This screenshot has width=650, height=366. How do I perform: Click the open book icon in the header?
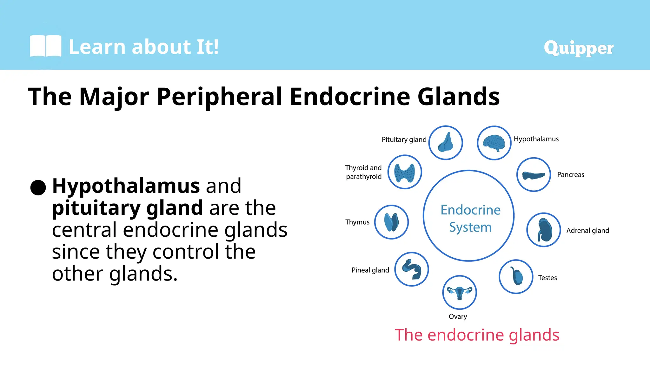(45, 46)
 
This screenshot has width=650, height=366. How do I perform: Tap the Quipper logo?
(578, 48)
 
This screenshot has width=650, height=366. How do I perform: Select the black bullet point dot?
(38, 187)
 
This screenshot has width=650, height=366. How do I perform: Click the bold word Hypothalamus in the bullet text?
(126, 186)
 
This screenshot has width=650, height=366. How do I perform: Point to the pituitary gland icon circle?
(445, 143)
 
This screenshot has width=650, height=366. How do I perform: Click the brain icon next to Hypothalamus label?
(494, 143)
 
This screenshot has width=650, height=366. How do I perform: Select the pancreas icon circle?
(534, 175)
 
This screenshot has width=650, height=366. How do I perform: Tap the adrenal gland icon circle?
(543, 230)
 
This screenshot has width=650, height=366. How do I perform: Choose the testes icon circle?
(516, 277)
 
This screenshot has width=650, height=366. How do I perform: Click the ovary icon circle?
(459, 292)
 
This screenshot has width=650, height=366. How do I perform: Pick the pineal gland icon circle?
(412, 269)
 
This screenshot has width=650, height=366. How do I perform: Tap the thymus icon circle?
(391, 222)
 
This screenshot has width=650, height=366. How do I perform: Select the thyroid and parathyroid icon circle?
(405, 172)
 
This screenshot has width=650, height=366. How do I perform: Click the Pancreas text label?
(570, 175)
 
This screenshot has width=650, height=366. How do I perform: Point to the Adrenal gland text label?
(587, 231)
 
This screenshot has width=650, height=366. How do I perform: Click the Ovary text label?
(458, 316)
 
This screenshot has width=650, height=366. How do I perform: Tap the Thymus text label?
(357, 222)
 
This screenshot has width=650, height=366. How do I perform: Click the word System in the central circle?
(470, 227)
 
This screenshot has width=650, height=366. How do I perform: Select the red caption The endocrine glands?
(477, 335)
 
